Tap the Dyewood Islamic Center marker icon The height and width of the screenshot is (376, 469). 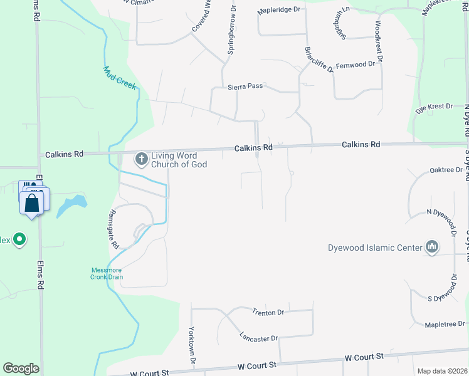431,248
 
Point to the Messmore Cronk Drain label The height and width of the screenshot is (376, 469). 107,273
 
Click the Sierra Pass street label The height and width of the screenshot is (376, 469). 245,86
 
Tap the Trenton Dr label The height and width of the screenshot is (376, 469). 268,311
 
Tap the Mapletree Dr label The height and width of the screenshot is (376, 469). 446,325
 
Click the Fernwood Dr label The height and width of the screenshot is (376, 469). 356,65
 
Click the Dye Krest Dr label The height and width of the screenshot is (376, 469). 434,107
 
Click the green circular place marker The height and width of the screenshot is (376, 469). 19,239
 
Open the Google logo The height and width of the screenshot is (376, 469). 21,368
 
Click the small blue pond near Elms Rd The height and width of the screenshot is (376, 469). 73,204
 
